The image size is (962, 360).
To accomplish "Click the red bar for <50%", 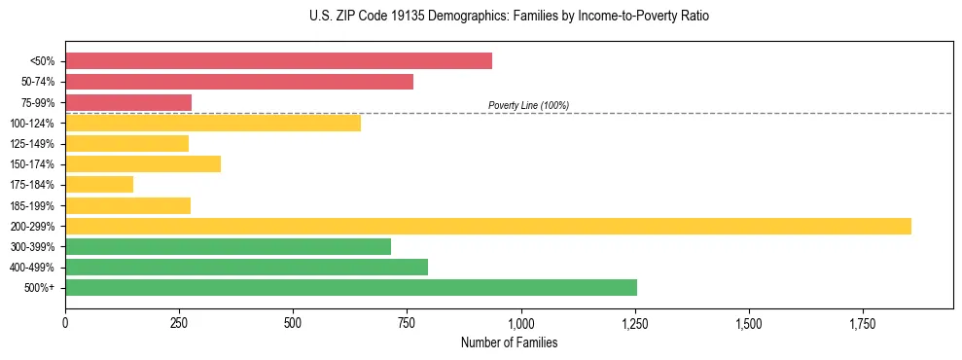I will (x=278, y=61).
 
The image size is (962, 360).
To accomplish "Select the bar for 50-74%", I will (x=239, y=82).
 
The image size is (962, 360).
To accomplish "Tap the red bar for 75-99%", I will (x=128, y=102).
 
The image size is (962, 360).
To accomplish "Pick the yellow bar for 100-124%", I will (x=213, y=123).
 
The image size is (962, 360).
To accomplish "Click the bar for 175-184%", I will (x=99, y=185).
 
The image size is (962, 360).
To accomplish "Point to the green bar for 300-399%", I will (x=228, y=247).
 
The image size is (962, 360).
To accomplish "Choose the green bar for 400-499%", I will (x=246, y=268).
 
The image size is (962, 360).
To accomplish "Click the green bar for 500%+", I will (x=351, y=288).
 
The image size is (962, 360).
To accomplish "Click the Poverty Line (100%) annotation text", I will (x=528, y=105).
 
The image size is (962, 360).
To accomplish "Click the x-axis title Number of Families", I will (x=509, y=343).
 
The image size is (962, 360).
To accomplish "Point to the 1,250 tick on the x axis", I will (x=635, y=322).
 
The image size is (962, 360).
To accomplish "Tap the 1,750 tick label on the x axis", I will (x=863, y=322).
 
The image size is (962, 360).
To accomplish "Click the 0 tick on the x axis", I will (x=65, y=322).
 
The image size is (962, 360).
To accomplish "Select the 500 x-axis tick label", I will (x=293, y=322).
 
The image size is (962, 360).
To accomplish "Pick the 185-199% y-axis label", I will (x=32, y=206).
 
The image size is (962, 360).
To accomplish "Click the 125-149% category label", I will (x=32, y=144).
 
